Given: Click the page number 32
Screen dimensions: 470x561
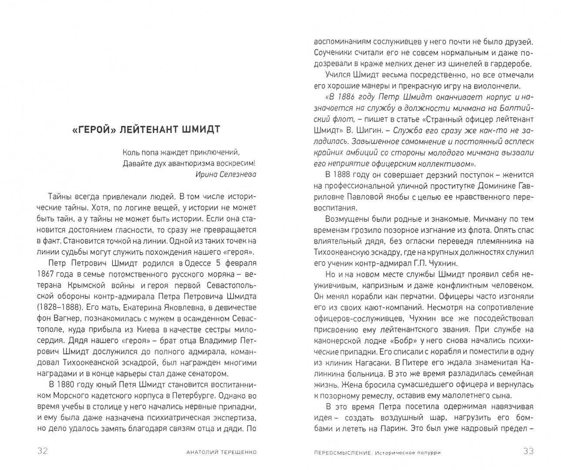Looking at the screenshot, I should (42, 451).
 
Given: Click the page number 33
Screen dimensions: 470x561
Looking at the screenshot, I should (528, 451).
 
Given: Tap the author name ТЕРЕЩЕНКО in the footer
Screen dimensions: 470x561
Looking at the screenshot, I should (233, 452).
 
